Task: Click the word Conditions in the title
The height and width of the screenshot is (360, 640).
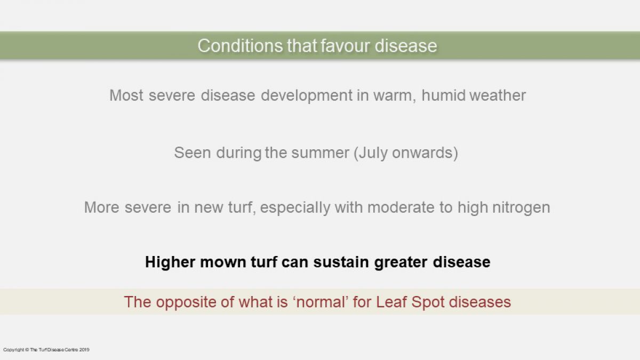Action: [241, 46]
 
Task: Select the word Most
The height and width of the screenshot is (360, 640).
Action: [126, 95]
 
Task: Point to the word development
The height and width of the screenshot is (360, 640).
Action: [307, 95]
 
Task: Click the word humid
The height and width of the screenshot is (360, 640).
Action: [443, 95]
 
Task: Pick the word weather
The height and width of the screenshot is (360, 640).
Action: [498, 95]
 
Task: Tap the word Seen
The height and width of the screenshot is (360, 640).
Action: [193, 153]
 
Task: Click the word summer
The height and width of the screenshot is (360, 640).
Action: [320, 154]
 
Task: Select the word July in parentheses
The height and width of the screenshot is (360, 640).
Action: [373, 153]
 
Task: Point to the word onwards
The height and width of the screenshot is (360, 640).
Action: [422, 153]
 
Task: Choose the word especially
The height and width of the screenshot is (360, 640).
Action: [295, 207]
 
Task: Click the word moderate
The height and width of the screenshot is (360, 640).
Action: [401, 207]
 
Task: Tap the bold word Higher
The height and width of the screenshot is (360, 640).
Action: [170, 262]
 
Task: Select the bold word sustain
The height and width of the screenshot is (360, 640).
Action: [341, 262]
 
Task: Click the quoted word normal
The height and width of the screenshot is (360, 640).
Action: [321, 302]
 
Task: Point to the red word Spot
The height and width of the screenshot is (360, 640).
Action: [428, 302]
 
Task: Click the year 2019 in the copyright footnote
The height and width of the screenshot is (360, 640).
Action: [84, 350]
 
